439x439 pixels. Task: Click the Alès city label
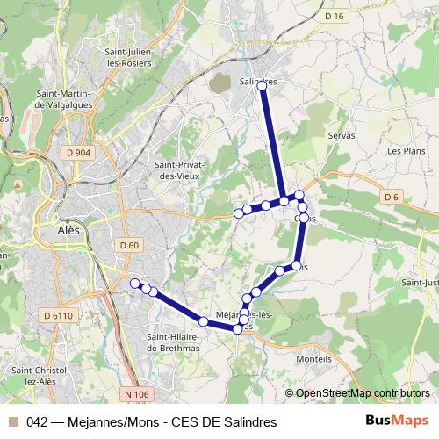pos(68,230)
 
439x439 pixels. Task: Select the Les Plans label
pos(406,150)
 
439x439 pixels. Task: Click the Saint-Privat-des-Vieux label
pos(179,169)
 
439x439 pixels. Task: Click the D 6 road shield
pos(392,198)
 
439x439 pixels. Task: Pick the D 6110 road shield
pos(59,314)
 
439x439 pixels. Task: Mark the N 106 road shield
pos(137,394)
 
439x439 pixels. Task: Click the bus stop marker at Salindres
pos(262,84)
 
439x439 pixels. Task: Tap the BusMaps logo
pos(396,421)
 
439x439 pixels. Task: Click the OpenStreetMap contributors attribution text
pos(363,393)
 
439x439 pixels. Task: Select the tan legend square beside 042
pos(13,422)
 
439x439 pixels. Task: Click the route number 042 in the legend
pos(38,422)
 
